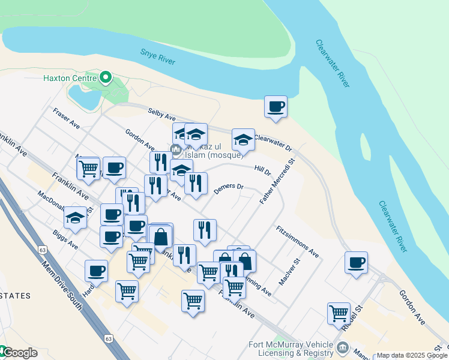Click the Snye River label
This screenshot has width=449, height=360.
point(158,56)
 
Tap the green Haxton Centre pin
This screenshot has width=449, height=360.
point(106,77)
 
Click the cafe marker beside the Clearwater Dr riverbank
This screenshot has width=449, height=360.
point(276,107)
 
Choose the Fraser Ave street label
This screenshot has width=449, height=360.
point(66,118)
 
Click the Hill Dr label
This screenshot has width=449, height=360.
point(263,170)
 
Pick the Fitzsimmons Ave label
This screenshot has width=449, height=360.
point(297,241)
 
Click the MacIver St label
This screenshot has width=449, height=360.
point(289,272)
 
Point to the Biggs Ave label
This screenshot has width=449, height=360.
point(65,238)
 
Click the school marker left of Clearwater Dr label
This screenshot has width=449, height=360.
point(243,140)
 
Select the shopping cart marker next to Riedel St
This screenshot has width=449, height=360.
point(339,313)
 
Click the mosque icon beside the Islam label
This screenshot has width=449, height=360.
point(176,149)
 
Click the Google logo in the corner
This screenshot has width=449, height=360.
point(19,353)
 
